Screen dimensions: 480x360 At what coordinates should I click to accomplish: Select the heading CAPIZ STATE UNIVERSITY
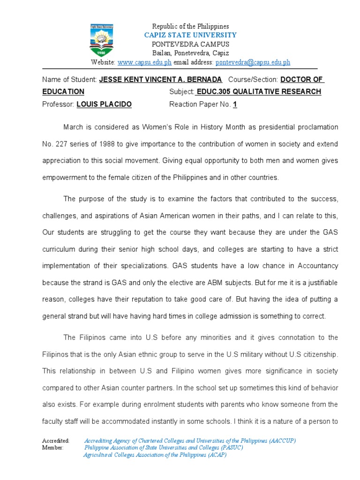click(190, 35)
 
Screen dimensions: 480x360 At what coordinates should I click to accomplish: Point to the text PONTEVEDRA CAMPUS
click(190, 44)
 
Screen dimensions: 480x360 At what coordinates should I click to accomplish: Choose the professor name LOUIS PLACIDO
click(104, 104)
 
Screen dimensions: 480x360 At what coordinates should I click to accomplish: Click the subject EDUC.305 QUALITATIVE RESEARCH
click(259, 92)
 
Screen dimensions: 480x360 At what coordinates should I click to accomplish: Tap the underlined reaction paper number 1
click(235, 104)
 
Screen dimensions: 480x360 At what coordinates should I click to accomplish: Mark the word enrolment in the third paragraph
click(136, 405)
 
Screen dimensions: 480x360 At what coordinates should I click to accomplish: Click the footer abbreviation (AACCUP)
click(283, 441)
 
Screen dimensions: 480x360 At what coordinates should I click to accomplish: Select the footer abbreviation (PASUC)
click(229, 448)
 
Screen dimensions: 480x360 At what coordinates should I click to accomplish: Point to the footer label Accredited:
click(56, 441)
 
